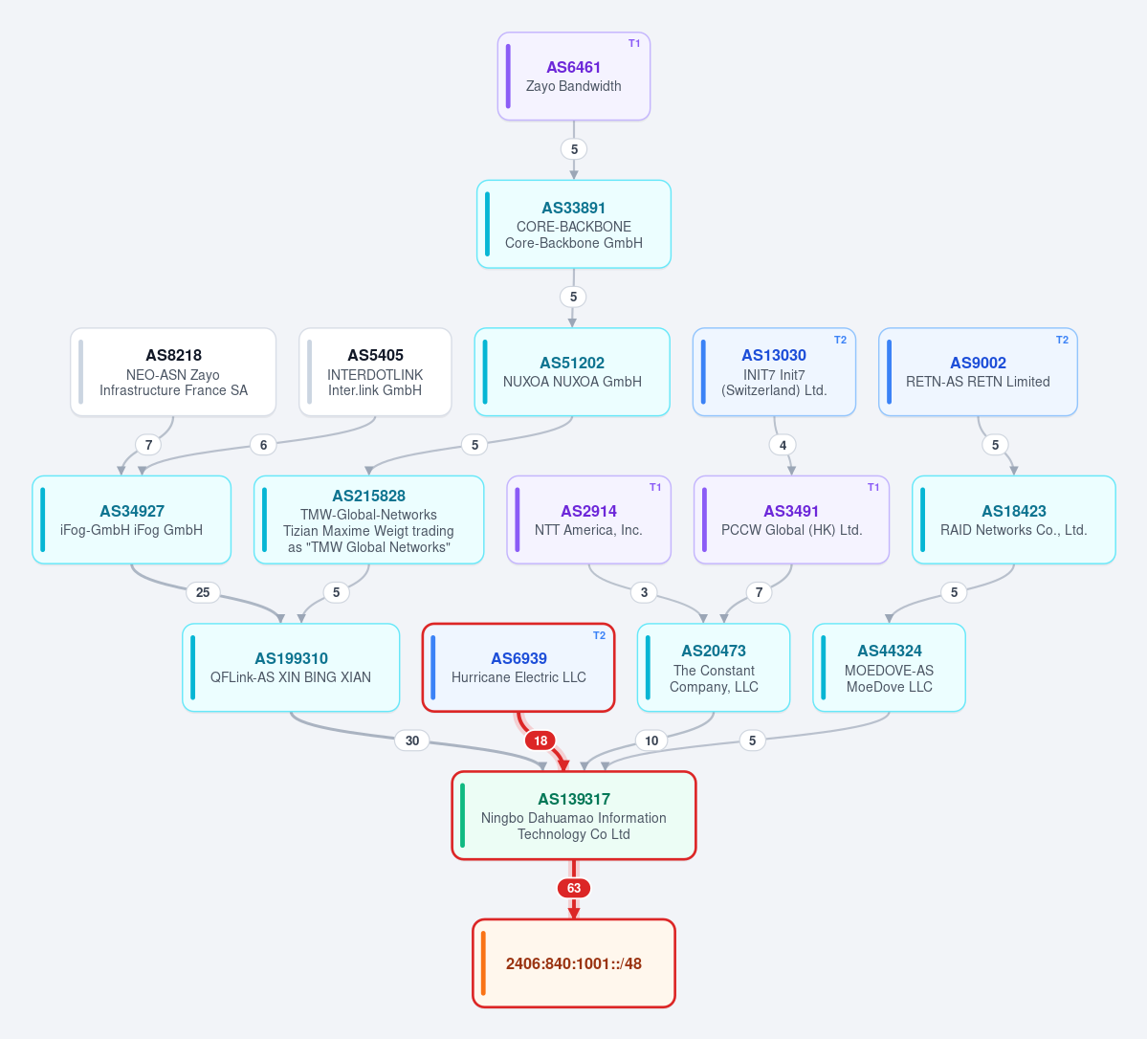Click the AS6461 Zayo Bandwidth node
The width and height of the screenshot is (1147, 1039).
(574, 77)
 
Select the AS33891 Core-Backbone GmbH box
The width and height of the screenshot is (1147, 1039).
(574, 224)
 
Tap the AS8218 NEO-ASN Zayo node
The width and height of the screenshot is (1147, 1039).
(173, 372)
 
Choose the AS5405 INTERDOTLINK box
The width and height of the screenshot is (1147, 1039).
(375, 372)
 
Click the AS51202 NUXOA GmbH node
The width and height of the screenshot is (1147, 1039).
(572, 372)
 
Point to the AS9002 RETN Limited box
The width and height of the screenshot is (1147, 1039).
(978, 372)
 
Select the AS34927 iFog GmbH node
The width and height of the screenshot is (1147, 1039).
(132, 519)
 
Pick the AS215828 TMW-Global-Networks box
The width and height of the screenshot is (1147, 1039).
(368, 519)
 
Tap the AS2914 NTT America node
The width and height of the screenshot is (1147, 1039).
(589, 519)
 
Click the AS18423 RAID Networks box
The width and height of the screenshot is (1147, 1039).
(1014, 519)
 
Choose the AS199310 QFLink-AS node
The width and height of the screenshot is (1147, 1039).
(291, 667)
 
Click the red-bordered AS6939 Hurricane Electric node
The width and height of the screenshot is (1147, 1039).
(518, 667)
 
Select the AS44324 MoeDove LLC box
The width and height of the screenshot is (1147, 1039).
(889, 667)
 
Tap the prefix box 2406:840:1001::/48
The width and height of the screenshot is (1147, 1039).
(574, 962)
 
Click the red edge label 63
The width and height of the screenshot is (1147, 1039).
(574, 888)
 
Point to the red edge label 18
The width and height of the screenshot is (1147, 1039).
(540, 741)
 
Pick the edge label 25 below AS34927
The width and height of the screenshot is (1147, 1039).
(203, 592)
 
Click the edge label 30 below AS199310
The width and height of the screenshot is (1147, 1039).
(412, 741)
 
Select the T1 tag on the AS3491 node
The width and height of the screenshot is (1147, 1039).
(873, 487)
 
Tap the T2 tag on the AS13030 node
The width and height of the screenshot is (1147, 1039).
(841, 340)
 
